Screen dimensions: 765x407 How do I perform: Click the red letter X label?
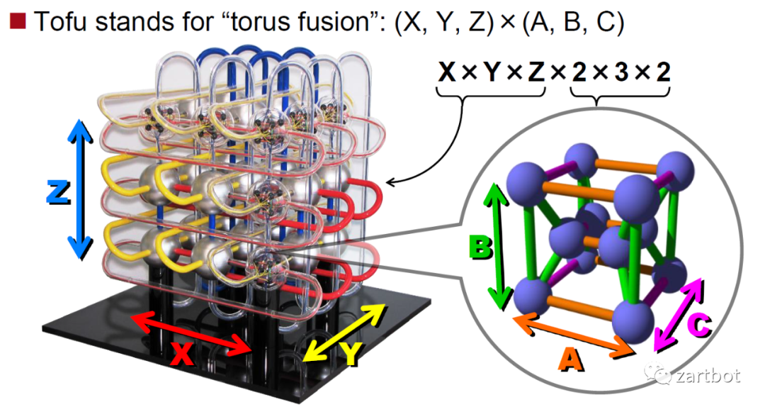point(183,355)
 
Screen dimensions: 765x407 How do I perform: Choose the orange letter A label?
point(572,362)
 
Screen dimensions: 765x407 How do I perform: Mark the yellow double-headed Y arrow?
point(346,330)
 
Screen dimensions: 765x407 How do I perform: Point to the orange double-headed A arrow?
point(573,335)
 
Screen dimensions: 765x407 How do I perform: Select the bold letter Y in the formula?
point(491,72)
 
